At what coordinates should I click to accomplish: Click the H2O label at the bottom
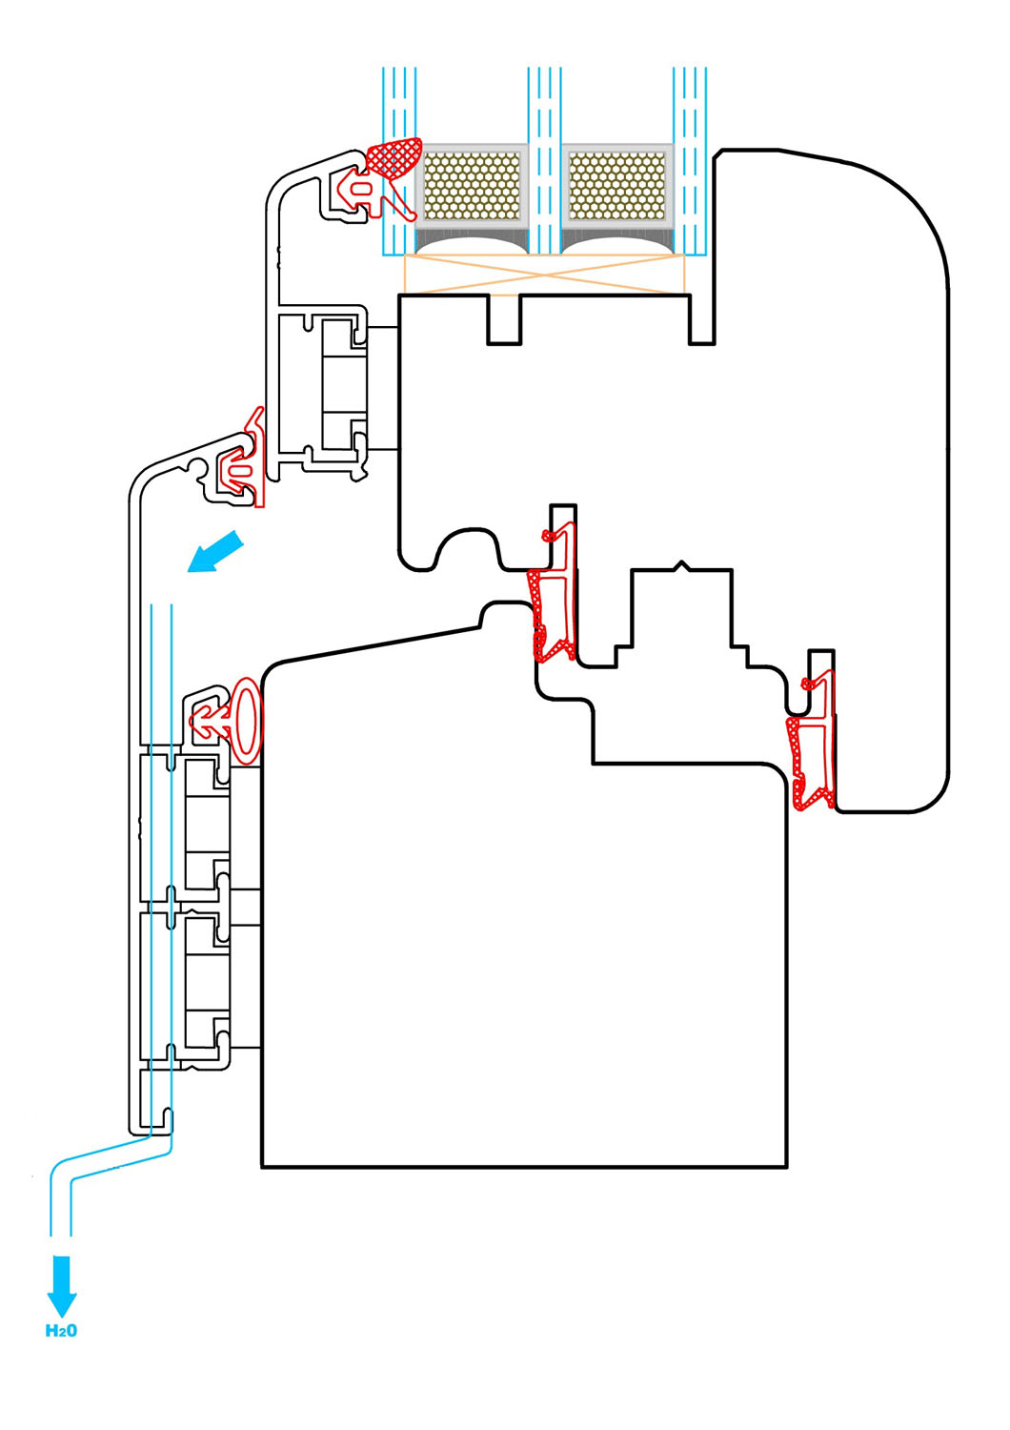pyautogui.click(x=61, y=1330)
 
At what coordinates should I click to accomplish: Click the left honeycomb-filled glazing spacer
pyautogui.click(x=473, y=182)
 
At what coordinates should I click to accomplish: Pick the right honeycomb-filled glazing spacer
pyautogui.click(x=617, y=182)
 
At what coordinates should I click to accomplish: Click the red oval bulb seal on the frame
pyautogui.click(x=247, y=721)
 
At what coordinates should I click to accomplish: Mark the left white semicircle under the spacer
pyautogui.click(x=473, y=247)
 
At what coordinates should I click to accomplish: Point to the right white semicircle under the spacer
pyautogui.click(x=617, y=247)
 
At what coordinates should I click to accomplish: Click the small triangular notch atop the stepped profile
pyautogui.click(x=680, y=565)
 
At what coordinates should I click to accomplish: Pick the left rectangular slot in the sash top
pyautogui.click(x=504, y=319)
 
